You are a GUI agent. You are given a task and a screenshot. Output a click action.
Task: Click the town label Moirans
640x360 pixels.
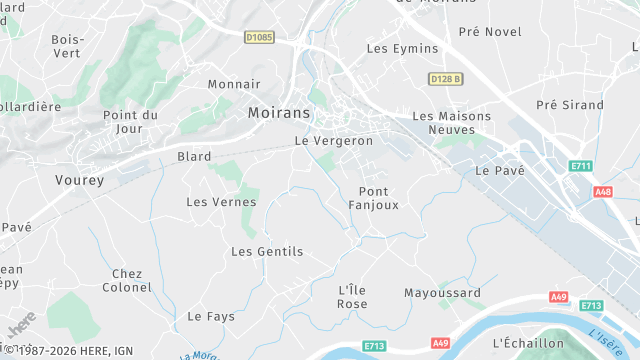tap(279, 113)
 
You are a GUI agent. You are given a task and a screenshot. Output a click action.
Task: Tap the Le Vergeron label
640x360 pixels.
tap(333, 141)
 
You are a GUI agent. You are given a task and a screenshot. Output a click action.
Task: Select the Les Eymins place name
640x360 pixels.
tap(402, 48)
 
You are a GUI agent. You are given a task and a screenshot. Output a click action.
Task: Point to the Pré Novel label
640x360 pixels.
tap(490, 31)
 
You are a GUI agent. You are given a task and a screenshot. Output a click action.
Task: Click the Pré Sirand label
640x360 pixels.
tap(570, 104)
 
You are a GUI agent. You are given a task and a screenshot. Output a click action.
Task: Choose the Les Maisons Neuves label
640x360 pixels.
tap(452, 123)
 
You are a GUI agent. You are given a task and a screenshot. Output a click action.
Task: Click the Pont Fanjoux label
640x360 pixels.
tap(373, 198)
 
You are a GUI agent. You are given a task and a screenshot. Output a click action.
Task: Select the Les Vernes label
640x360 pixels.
tap(221, 202)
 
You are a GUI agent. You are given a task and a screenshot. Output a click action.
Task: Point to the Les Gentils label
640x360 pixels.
tap(267, 252)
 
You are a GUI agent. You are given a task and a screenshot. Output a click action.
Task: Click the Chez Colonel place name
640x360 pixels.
tap(128, 281)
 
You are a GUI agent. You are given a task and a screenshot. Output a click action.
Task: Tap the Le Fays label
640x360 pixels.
tap(211, 316)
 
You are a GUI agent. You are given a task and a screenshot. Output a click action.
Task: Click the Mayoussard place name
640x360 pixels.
tap(442, 293)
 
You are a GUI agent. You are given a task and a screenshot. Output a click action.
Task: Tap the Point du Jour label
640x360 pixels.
tap(130, 122)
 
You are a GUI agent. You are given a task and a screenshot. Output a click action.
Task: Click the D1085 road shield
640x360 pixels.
tap(259, 37)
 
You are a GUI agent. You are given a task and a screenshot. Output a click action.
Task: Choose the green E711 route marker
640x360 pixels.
tap(580, 166)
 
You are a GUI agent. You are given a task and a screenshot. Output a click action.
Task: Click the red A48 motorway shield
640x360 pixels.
tap(603, 191)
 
